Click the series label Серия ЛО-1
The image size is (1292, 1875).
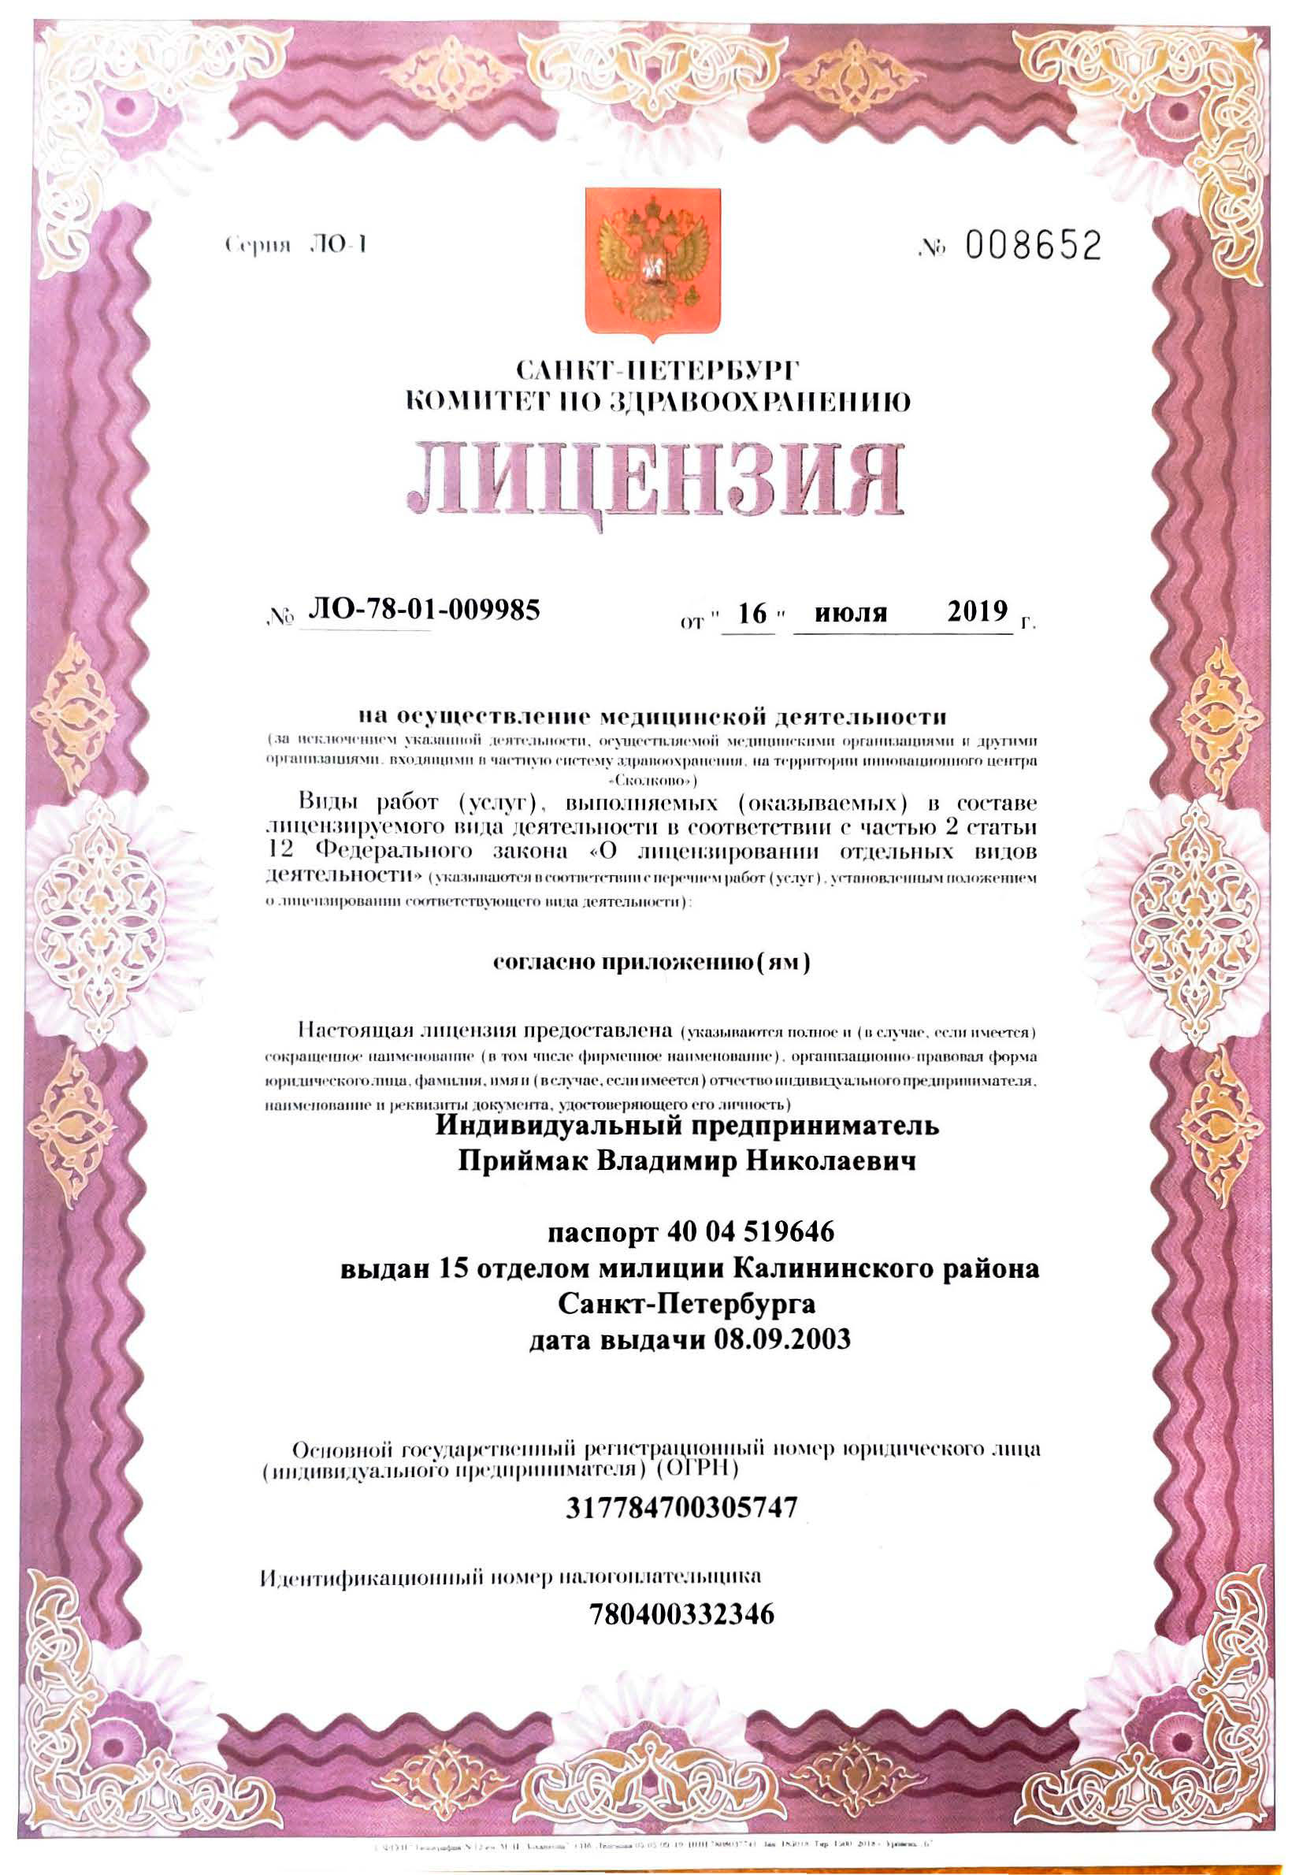[x=296, y=245]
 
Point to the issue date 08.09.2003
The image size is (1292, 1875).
[x=782, y=1340]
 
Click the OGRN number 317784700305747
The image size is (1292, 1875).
[x=681, y=1507]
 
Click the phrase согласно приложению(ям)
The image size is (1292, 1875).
[x=652, y=963]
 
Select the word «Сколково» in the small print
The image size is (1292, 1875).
[x=652, y=782]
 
